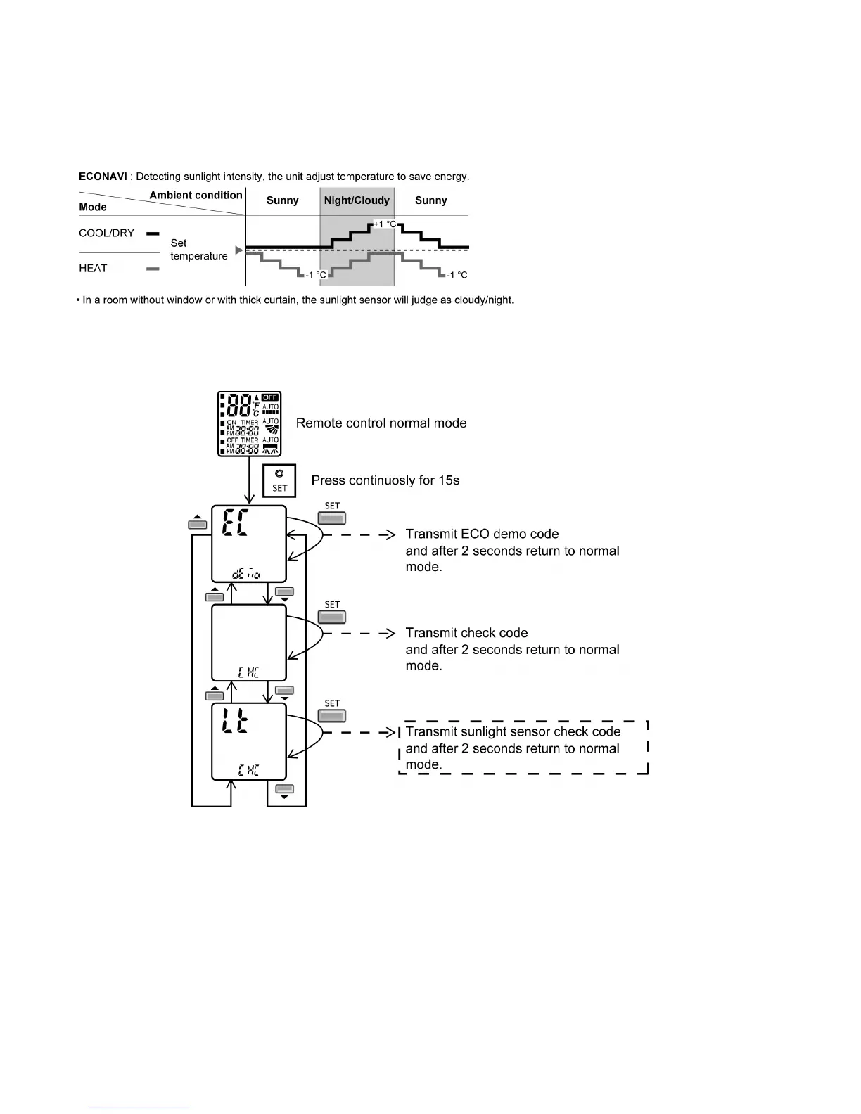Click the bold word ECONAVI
103,177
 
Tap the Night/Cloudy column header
357,200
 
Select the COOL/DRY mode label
106,233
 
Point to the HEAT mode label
93,269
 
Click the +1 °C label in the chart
384,224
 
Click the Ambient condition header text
196,195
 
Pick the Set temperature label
198,250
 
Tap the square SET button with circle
279,480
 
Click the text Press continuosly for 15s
385,480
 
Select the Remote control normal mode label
381,423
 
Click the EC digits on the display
235,523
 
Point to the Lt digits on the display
235,721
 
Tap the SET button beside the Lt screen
332,716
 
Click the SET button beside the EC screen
332,518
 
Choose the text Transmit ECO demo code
482,534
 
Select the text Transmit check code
466,633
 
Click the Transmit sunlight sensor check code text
513,731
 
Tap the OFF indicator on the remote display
270,397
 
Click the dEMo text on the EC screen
245,575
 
